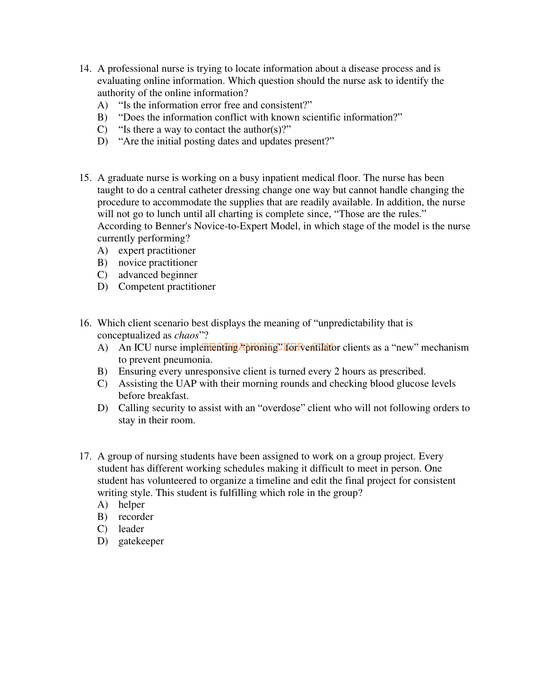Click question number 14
[x=85, y=69]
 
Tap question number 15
[x=85, y=178]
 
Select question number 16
[x=85, y=324]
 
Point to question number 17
[x=85, y=457]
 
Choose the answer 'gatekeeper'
[x=141, y=541]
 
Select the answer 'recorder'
[x=136, y=517]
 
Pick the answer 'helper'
[x=131, y=505]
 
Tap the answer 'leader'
[x=131, y=529]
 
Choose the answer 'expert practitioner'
[x=157, y=251]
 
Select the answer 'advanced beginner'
[x=157, y=275]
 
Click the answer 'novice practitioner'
[x=157, y=263]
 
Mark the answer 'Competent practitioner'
[x=167, y=287]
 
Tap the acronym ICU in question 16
[x=143, y=348]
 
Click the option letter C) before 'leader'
[x=102, y=529]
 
